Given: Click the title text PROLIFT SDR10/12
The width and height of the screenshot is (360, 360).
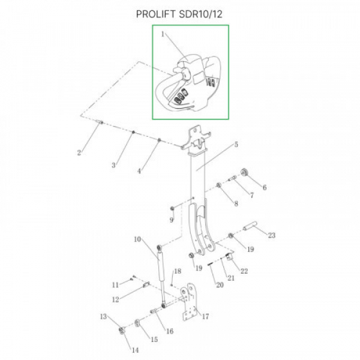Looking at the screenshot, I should click(179, 13).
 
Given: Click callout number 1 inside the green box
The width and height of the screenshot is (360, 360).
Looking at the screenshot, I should click(162, 35).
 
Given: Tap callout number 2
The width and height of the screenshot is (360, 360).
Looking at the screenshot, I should click(79, 152).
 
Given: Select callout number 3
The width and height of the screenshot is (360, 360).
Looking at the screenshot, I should click(113, 164).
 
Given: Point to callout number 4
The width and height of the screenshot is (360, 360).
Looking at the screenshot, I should click(139, 171).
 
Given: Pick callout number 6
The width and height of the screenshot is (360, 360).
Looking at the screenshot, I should click(265, 188).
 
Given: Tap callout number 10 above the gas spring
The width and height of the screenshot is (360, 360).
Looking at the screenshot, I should click(137, 239).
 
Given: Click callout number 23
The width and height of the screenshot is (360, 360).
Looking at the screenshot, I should click(271, 236).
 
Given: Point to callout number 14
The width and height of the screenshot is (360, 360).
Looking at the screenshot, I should click(134, 350).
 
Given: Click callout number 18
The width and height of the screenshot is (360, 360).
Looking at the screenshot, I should click(178, 272).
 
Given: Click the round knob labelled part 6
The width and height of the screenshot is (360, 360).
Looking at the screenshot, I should click(245, 173).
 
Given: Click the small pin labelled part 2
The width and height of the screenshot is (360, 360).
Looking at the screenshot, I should click(100, 122).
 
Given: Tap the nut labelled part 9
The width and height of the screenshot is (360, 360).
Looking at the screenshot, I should click(172, 208).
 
